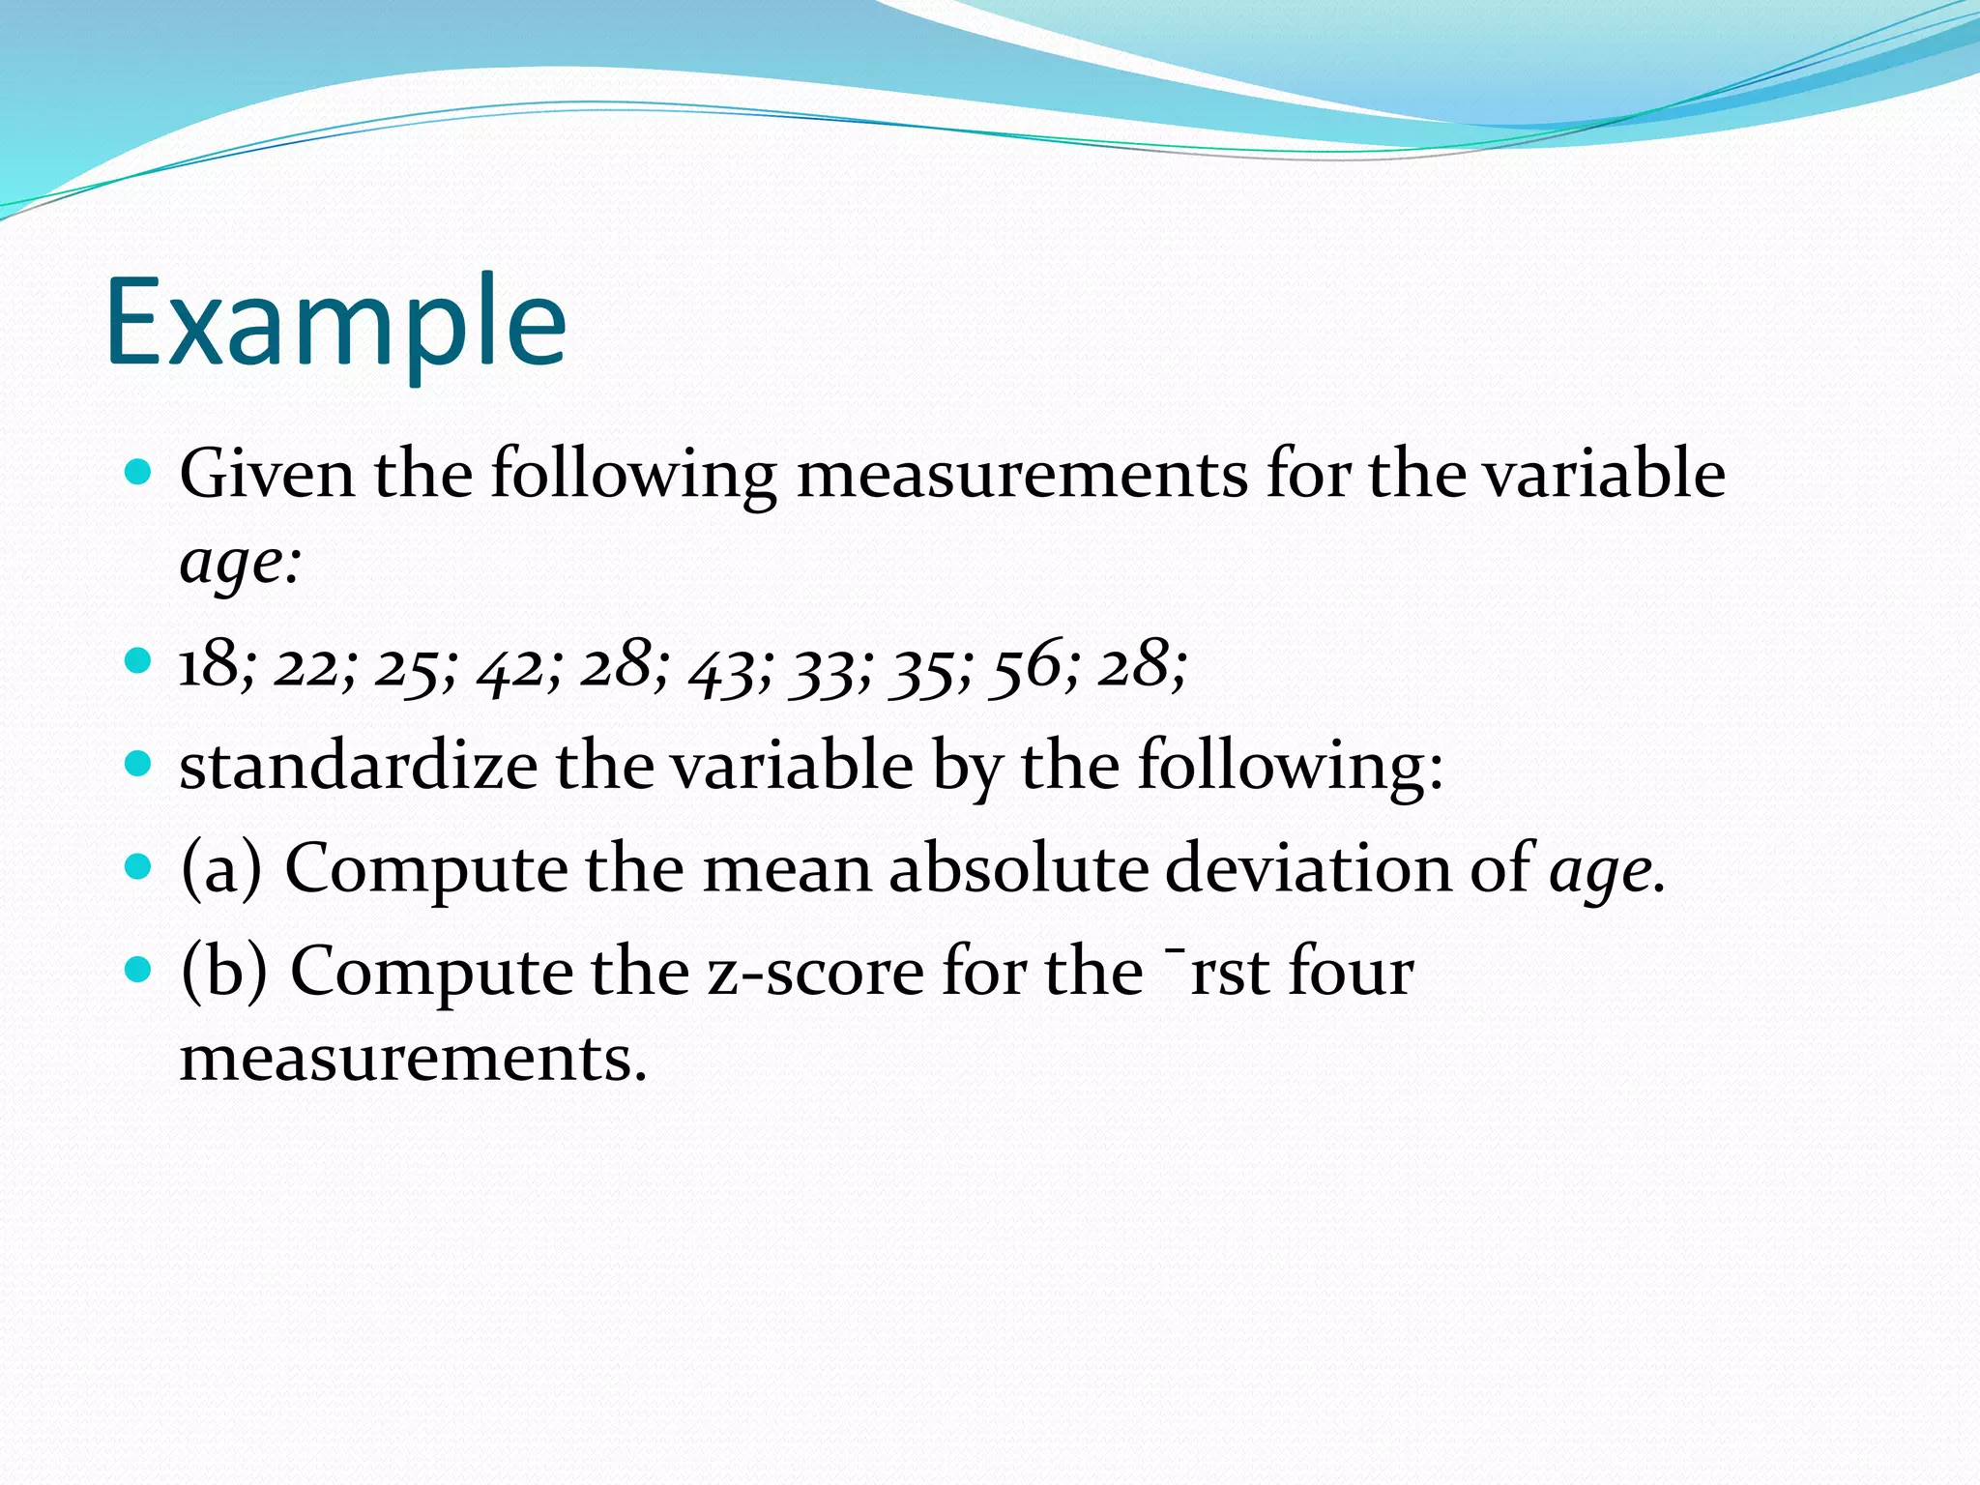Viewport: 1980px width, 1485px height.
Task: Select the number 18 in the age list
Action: pyautogui.click(x=209, y=665)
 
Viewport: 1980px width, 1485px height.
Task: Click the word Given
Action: pyautogui.click(x=267, y=475)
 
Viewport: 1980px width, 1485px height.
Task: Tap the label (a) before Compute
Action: pyautogui.click(x=221, y=867)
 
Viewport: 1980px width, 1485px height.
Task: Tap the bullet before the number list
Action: pyautogui.click(x=139, y=661)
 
